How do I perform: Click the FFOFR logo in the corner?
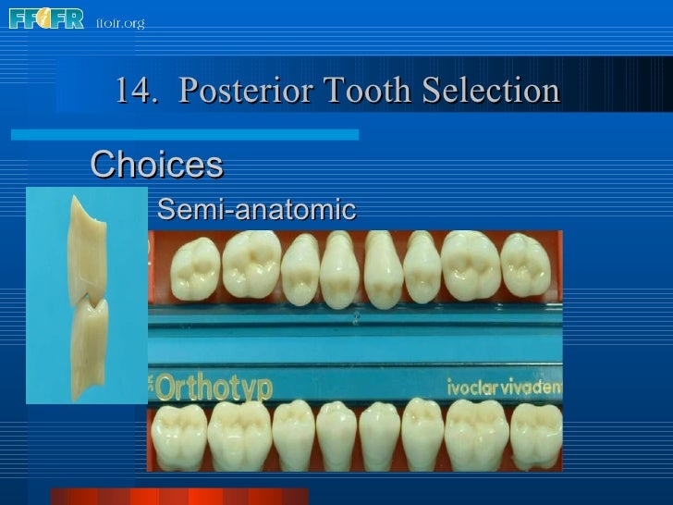46,18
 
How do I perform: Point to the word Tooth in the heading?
364,92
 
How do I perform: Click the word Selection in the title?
491,92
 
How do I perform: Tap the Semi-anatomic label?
257,210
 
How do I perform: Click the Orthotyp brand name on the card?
214,387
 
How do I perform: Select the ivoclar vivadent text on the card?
505,387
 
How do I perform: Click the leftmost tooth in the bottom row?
179,435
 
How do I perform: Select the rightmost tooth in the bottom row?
538,435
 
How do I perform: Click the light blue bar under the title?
185,134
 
